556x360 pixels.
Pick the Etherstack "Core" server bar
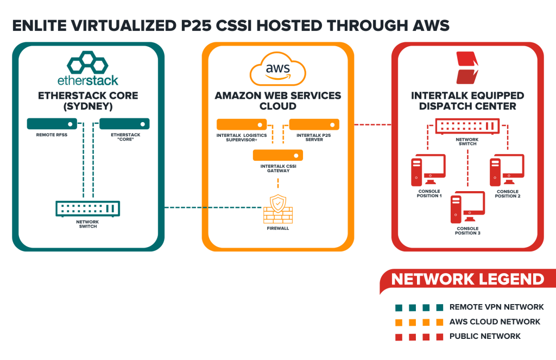(124, 124)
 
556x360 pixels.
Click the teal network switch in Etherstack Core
(88, 208)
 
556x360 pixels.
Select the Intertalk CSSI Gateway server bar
(277, 156)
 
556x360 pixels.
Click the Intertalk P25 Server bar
(314, 124)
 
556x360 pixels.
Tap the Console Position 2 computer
(507, 169)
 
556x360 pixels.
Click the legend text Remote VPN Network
(496, 307)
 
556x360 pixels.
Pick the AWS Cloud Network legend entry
(495, 321)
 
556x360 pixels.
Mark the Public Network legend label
(485, 336)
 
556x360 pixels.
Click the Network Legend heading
(467, 280)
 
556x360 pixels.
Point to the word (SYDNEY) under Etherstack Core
(88, 106)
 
